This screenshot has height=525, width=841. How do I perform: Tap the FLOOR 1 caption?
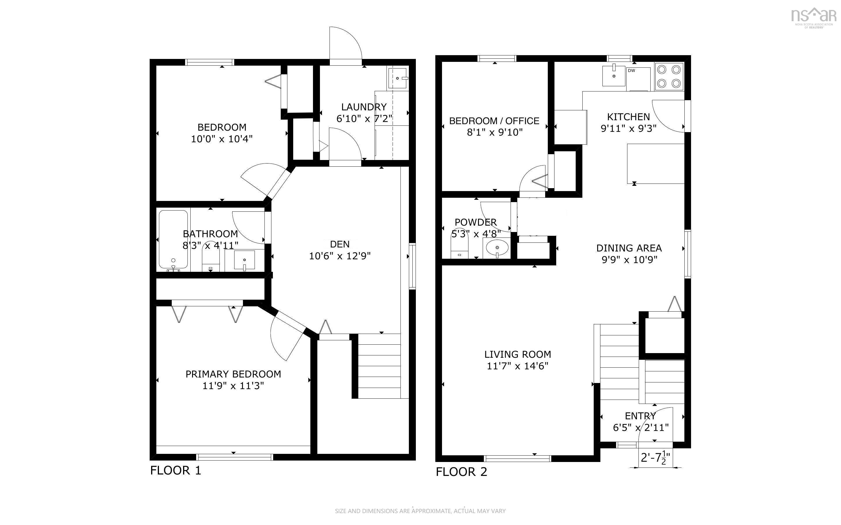(x=176, y=470)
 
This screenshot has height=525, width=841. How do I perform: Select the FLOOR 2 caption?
(x=461, y=472)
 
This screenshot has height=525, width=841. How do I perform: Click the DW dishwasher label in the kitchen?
(x=631, y=71)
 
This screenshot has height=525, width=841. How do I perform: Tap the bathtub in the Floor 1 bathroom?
(x=173, y=240)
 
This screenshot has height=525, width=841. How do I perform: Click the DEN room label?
(x=340, y=244)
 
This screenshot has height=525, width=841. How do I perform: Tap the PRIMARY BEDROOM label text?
(x=233, y=374)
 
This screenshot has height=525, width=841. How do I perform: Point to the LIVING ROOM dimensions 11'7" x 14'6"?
(x=518, y=366)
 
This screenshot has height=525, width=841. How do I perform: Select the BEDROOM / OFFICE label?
(x=494, y=121)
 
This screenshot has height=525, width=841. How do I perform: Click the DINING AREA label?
(x=629, y=248)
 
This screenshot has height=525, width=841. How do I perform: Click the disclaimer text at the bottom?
(x=420, y=511)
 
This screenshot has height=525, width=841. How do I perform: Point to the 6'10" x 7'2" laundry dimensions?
(x=364, y=119)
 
